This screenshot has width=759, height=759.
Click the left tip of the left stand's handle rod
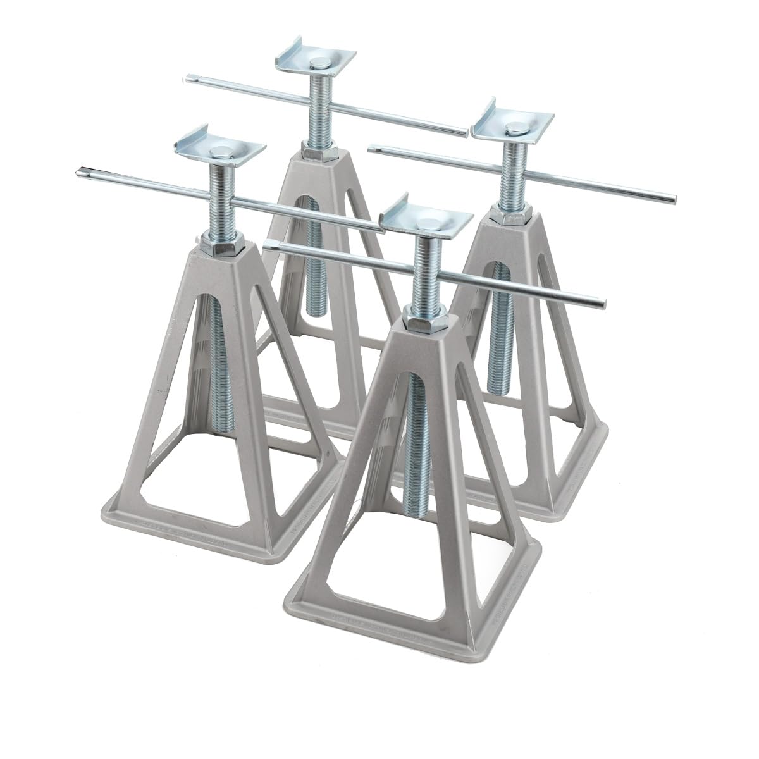pyautogui.click(x=78, y=170)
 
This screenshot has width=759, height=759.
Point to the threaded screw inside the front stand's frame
pyautogui.click(x=412, y=430)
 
